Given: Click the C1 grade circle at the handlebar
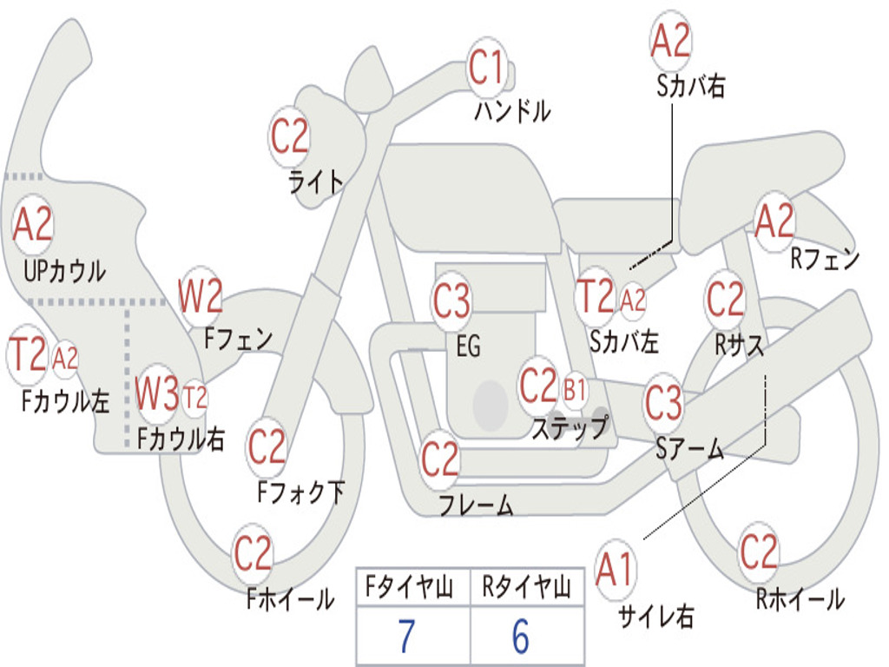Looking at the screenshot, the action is (486, 67).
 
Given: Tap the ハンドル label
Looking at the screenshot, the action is (512, 111).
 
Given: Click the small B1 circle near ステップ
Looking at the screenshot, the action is (575, 390).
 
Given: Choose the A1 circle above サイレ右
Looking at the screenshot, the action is (616, 571).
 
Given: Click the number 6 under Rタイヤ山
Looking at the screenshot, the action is (521, 636).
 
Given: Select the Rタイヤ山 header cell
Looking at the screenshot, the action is (526, 589).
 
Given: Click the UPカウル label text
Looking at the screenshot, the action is (64, 271).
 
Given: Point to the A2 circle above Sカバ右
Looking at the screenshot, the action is (670, 41).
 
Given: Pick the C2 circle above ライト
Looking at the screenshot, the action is (289, 136).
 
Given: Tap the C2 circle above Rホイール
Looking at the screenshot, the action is (759, 552).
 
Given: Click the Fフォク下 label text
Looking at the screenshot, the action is (300, 492).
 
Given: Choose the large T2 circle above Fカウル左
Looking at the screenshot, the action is (27, 355).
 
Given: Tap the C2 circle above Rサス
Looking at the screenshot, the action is (725, 300).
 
